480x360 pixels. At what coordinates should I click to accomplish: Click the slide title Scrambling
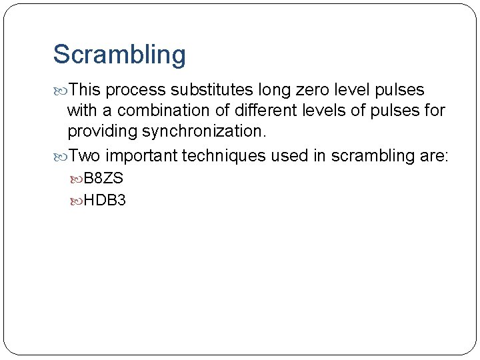[x=119, y=55]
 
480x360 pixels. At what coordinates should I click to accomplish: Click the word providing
[x=97, y=131]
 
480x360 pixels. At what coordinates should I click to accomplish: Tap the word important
[x=141, y=156]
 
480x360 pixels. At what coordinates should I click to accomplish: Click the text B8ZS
[x=103, y=179]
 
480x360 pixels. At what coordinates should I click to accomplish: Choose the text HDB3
[x=105, y=199]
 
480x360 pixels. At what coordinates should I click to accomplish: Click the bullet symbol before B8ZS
[x=77, y=179]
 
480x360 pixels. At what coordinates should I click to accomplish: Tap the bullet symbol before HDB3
[x=77, y=200]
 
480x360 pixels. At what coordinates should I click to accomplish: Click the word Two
[x=85, y=156]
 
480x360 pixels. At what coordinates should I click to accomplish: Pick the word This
[x=85, y=90]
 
